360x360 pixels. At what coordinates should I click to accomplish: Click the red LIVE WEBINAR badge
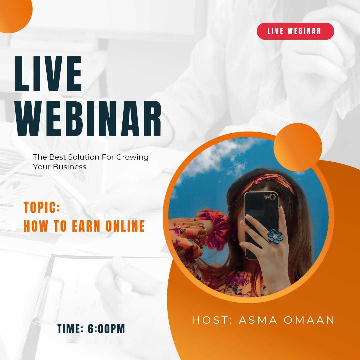coord(295,31)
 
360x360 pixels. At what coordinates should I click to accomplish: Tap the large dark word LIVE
coord(48,73)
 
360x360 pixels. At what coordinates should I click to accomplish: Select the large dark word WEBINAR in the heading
coord(88,118)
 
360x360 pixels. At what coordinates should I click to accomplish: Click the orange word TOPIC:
coord(42,207)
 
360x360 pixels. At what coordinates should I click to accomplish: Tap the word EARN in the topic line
coord(86,226)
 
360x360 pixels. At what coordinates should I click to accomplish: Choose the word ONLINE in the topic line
coord(125,226)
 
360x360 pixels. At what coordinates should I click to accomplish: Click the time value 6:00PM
coord(106,329)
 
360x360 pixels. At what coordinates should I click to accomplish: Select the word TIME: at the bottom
coord(70,329)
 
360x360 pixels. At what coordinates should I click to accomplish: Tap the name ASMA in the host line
coord(258,320)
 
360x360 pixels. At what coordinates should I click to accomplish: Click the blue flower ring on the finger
coord(275,236)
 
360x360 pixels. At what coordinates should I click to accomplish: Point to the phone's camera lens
coord(272,197)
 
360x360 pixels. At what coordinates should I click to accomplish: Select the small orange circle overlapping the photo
coord(298,147)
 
